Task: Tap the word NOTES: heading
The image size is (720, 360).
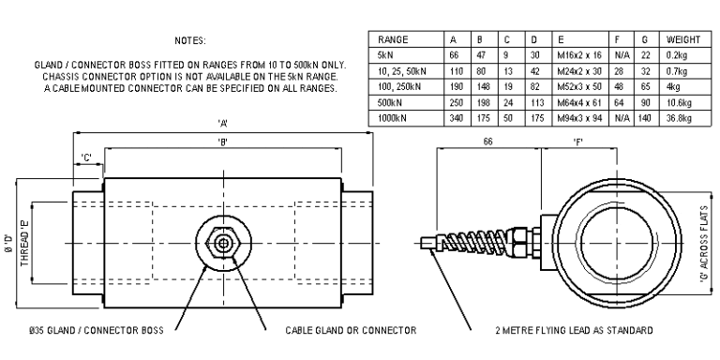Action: (190, 41)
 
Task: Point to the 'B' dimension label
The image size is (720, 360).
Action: (222, 141)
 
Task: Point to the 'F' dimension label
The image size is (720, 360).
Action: (580, 141)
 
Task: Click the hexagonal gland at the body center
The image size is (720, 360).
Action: (222, 241)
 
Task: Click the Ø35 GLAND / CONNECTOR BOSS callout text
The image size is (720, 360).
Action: (91, 331)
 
